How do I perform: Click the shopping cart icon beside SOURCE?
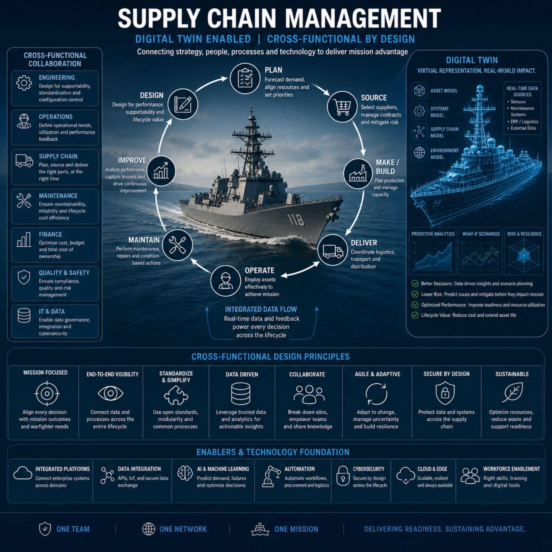click(342, 107)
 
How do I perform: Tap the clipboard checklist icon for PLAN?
click(245, 78)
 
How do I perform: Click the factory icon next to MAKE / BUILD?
click(358, 174)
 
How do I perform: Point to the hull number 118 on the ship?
click(296, 219)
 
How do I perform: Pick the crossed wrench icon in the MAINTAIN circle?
click(177, 245)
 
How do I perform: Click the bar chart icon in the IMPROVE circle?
click(161, 171)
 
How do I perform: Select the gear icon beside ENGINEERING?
click(24, 83)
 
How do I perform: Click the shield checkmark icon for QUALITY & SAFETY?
click(24, 277)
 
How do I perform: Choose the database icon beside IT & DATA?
click(24, 315)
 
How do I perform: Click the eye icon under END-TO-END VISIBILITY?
click(110, 393)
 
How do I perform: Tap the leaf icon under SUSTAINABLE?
click(513, 392)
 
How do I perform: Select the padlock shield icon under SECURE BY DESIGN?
click(445, 393)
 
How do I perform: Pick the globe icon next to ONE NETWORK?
click(149, 529)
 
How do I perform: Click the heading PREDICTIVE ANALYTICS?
click(433, 234)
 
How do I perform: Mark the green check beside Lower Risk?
click(415, 294)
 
